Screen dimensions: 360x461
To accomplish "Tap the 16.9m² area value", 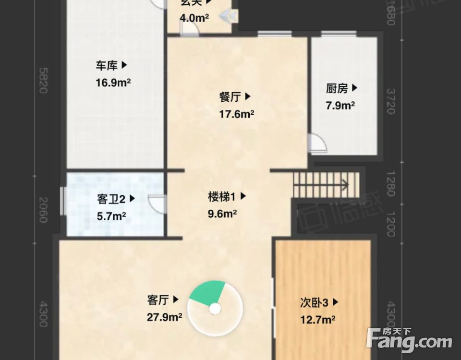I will [113, 83].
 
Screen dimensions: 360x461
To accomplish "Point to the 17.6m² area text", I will [237, 114].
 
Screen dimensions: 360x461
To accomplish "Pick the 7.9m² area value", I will [340, 106].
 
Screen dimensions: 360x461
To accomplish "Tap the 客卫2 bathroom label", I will [116, 198].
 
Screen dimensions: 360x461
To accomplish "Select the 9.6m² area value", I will [222, 214].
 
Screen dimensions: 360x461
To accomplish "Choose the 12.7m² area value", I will [317, 320].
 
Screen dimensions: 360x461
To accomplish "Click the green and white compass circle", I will [215, 308].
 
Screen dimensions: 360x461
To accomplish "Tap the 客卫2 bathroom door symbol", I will [158, 204].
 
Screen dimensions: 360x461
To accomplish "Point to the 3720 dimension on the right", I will [391, 101].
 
